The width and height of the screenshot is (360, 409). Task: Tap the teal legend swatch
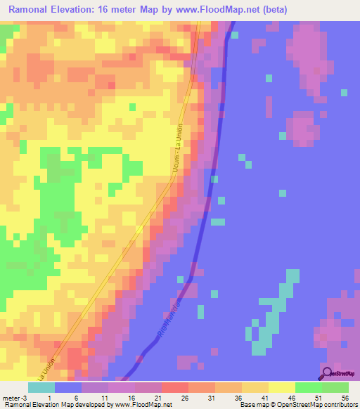coord(41,387)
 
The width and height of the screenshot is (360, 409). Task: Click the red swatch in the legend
coord(175,387)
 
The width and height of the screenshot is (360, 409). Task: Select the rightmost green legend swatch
coord(335,387)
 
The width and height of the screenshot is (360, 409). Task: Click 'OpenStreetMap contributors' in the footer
coord(319,405)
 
